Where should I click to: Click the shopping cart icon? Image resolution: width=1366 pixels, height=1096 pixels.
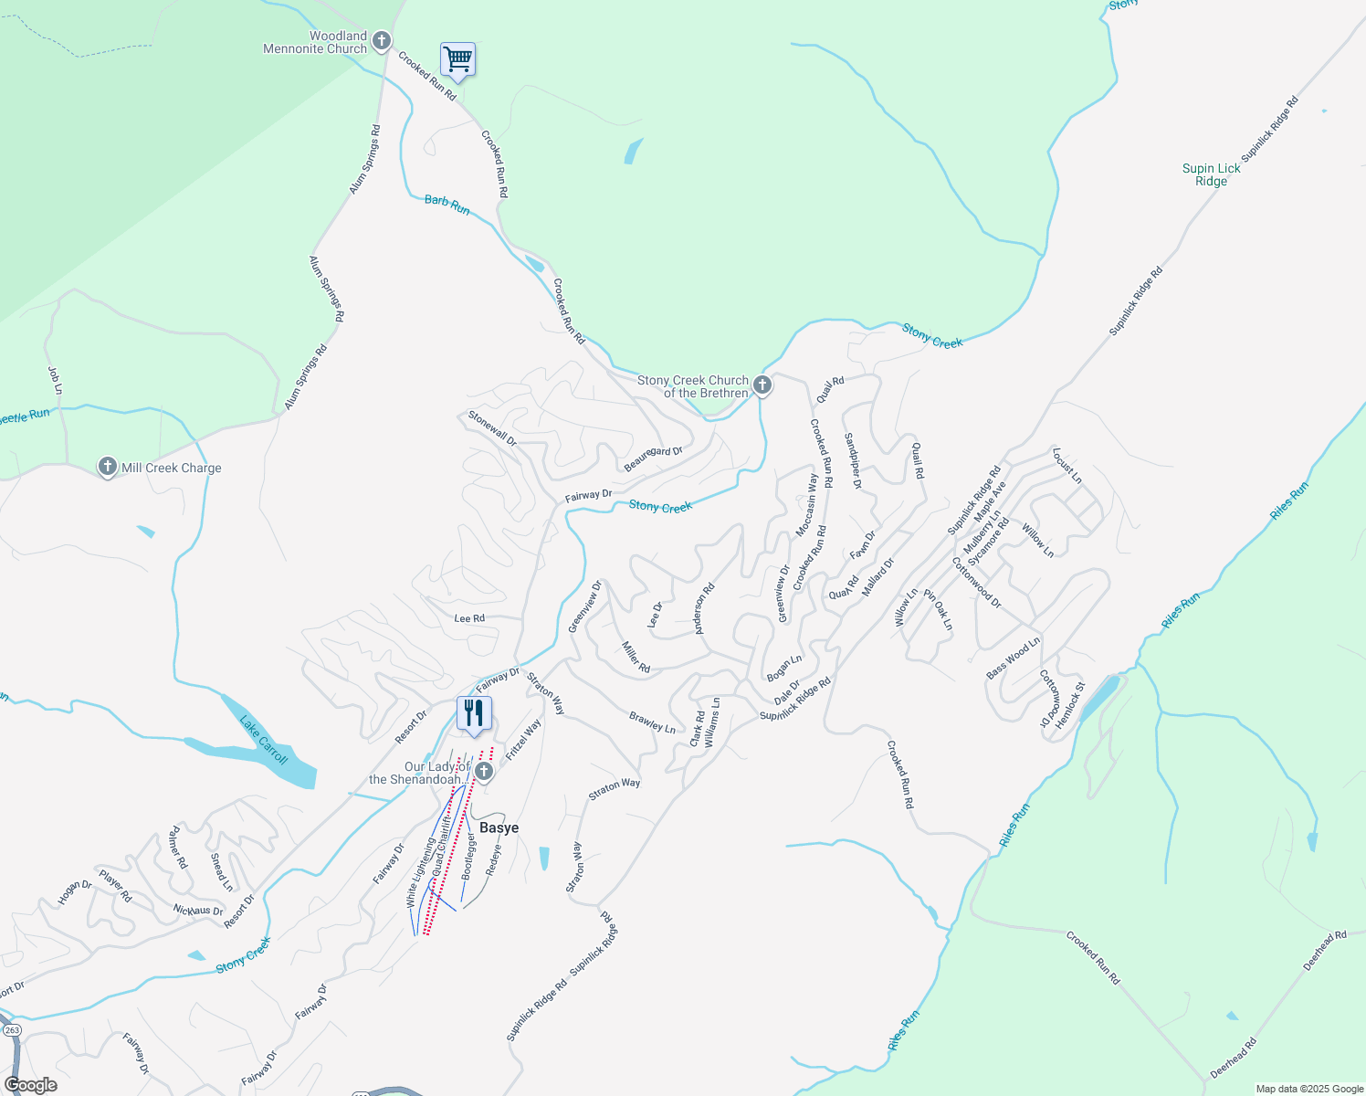point(457,60)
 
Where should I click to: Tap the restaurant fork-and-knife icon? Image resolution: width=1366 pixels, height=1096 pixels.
point(474,713)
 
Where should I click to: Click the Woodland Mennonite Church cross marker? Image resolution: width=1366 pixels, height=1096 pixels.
point(382,41)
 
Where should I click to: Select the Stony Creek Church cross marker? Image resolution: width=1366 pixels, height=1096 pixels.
point(762,385)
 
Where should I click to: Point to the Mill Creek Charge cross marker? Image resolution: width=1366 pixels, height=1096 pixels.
point(108,468)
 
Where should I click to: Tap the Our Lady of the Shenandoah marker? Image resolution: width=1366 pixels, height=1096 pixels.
point(484,773)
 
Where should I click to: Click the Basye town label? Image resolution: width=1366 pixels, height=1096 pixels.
point(499,827)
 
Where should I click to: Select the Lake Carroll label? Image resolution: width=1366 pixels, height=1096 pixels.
point(263,740)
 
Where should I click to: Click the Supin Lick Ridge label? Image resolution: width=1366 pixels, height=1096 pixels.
point(1211,174)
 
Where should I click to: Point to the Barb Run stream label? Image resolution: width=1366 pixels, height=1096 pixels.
point(447,205)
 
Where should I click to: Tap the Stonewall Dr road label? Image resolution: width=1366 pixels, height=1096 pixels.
point(492,428)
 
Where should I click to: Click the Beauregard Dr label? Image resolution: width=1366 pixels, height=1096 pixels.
point(653,458)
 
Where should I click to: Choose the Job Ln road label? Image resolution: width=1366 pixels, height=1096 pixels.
point(55,380)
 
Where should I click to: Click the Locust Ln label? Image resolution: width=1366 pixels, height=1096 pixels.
point(1067,466)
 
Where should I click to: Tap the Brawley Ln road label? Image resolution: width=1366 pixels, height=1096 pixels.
point(652,722)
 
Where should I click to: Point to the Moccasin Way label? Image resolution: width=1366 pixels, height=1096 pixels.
point(806,505)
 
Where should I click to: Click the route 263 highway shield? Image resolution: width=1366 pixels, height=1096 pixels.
point(12,1029)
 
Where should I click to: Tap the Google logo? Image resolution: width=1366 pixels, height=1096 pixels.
point(30,1085)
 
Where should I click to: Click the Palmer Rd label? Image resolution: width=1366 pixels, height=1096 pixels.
point(178,848)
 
